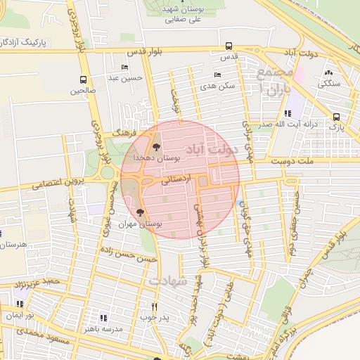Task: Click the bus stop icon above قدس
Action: pyautogui.click(x=229, y=46)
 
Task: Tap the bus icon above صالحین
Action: pyautogui.click(x=84, y=80)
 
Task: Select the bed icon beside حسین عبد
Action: pyautogui.click(x=125, y=67)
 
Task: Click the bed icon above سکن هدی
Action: pyautogui.click(x=217, y=75)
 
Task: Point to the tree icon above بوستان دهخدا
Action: pyautogui.click(x=156, y=148)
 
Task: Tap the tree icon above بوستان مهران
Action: pyautogui.click(x=141, y=212)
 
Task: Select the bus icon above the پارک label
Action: pyautogui.click(x=337, y=117)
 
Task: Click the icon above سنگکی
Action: pyautogui.click(x=328, y=72)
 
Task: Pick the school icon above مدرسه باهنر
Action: pyautogui.click(x=104, y=318)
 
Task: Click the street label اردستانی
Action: pyautogui.click(x=175, y=181)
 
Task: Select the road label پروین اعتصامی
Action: pyautogui.click(x=56, y=184)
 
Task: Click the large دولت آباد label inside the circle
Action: pyautogui.click(x=210, y=149)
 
